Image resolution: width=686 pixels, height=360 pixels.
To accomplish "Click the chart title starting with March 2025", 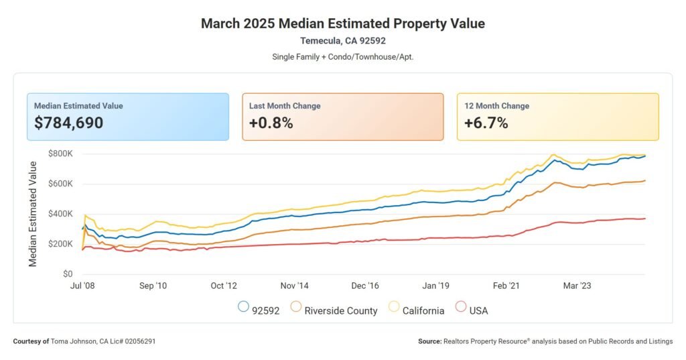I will tap(343, 23).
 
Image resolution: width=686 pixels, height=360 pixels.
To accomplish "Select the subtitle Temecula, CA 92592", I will tap(343, 41).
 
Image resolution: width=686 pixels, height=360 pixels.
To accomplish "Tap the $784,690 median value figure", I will tap(69, 123).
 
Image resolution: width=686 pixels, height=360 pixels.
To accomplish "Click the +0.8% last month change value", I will tap(271, 123).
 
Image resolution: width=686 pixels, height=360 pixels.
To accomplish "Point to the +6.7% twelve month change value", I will tap(486, 123).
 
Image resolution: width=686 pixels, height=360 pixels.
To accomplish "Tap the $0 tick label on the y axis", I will tap(67, 274).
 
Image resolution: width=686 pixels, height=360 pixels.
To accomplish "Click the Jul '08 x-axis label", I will tap(82, 286).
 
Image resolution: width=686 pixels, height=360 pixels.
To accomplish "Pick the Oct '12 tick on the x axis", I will tap(223, 286).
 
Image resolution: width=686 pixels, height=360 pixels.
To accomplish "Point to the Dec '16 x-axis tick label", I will tap(364, 286).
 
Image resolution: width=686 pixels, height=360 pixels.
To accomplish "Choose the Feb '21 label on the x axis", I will tap(506, 286).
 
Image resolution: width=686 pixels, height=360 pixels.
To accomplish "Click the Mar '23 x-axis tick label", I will tap(576, 286).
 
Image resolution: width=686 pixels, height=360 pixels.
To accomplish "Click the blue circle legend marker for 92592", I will tap(244, 307).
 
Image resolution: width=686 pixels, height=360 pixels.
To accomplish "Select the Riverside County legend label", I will tap(341, 310).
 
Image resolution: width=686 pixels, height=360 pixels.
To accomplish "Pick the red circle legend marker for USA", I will tap(461, 307).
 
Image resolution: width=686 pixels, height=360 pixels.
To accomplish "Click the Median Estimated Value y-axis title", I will tap(33, 214).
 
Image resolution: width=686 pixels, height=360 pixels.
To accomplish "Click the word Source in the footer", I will tap(429, 342).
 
